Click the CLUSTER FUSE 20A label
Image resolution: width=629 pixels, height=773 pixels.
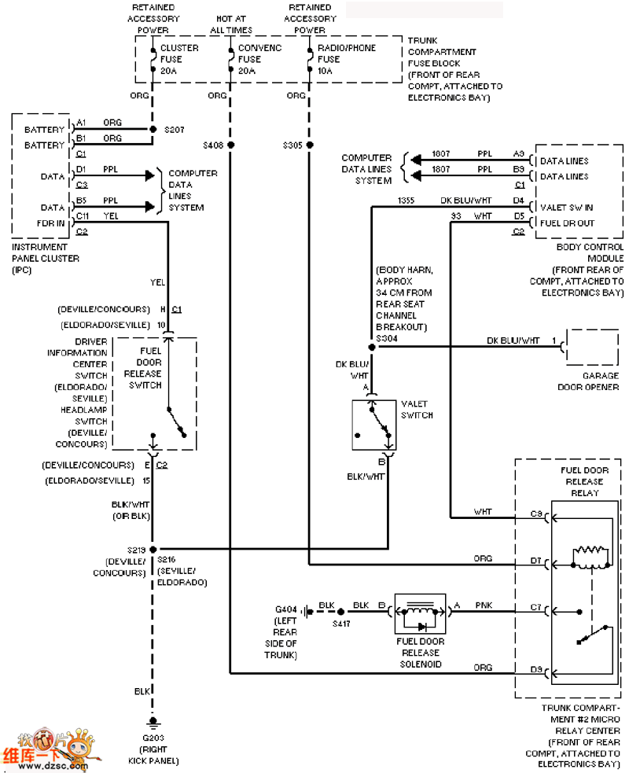pos(179,59)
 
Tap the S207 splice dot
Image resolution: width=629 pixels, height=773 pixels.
pos(152,129)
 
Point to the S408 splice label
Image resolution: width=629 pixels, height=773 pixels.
pos(213,145)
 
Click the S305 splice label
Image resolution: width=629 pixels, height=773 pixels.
pos(294,145)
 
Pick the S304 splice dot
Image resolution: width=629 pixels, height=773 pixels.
pos(372,346)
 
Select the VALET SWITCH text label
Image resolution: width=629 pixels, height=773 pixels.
pos(417,409)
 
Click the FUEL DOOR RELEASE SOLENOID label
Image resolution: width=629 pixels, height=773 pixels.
pos(420,653)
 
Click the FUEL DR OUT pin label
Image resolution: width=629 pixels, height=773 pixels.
pos(567,223)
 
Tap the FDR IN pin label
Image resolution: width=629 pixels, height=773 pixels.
pos(53,223)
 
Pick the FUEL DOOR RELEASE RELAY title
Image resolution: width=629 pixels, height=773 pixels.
pos(583,481)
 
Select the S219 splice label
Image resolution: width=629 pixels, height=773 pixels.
pos(136,549)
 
